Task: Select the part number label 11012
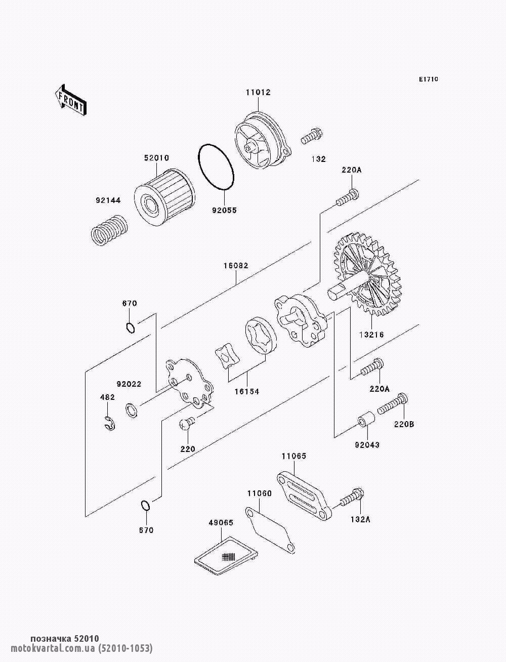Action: [258, 93]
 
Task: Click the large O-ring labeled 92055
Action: [216, 168]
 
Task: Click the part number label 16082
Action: [236, 265]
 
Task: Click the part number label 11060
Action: [260, 493]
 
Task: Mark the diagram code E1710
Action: [428, 79]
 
